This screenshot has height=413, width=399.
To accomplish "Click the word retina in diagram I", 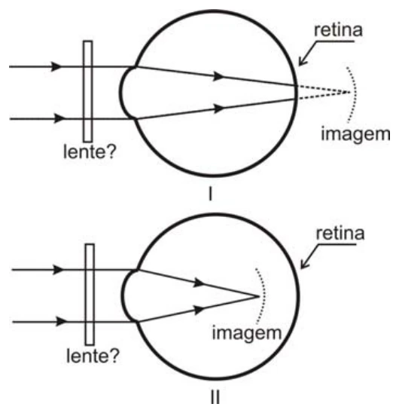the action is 338,30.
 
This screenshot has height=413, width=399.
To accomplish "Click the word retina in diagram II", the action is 340,234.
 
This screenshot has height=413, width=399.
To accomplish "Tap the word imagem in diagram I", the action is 355,135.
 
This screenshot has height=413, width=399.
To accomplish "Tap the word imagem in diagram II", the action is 247,334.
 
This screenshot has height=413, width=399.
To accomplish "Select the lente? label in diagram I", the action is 90,151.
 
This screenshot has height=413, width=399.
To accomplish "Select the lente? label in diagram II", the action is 93,356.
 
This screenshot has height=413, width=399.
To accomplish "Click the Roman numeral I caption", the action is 210,194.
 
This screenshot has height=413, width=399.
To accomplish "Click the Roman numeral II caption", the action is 215,397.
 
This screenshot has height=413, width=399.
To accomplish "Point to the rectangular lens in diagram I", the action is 88,91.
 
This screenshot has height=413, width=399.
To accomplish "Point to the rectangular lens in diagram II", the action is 90,295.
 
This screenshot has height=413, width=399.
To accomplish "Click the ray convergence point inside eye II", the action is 259,297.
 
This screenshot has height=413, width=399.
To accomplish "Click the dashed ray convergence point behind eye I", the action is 350,92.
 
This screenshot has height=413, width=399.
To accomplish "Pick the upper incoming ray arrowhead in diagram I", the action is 56,66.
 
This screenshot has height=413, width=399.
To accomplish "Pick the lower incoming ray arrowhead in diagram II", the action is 61,322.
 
